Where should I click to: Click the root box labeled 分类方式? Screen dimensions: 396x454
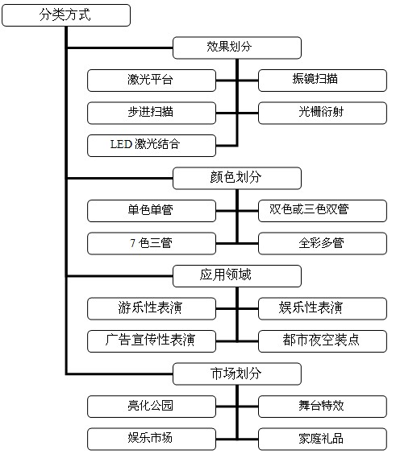(66, 15)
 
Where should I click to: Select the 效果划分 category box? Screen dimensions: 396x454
(237, 47)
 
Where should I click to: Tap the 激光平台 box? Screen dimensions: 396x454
(152, 80)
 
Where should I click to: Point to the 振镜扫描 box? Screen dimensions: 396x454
(323, 80)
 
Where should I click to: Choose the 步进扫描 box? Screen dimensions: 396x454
(152, 113)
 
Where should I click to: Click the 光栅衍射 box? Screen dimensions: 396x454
(323, 113)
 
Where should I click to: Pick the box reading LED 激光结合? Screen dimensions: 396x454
(152, 146)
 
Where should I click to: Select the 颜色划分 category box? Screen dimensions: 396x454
(237, 178)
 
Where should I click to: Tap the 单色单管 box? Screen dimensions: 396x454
(152, 211)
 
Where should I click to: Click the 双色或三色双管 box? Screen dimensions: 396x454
(323, 211)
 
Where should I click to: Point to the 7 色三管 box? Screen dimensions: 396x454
(152, 244)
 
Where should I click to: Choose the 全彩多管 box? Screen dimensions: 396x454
(323, 244)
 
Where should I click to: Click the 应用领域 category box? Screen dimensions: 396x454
(237, 276)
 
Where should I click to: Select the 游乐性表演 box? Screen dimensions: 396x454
(152, 308)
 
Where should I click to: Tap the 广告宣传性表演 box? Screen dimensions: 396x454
(152, 341)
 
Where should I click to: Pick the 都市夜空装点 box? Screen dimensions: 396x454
(323, 341)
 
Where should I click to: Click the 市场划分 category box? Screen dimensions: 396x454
(237, 374)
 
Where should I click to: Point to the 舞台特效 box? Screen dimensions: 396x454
(323, 407)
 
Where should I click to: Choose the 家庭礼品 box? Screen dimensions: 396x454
(323, 439)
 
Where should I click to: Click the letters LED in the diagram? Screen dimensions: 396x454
(121, 144)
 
